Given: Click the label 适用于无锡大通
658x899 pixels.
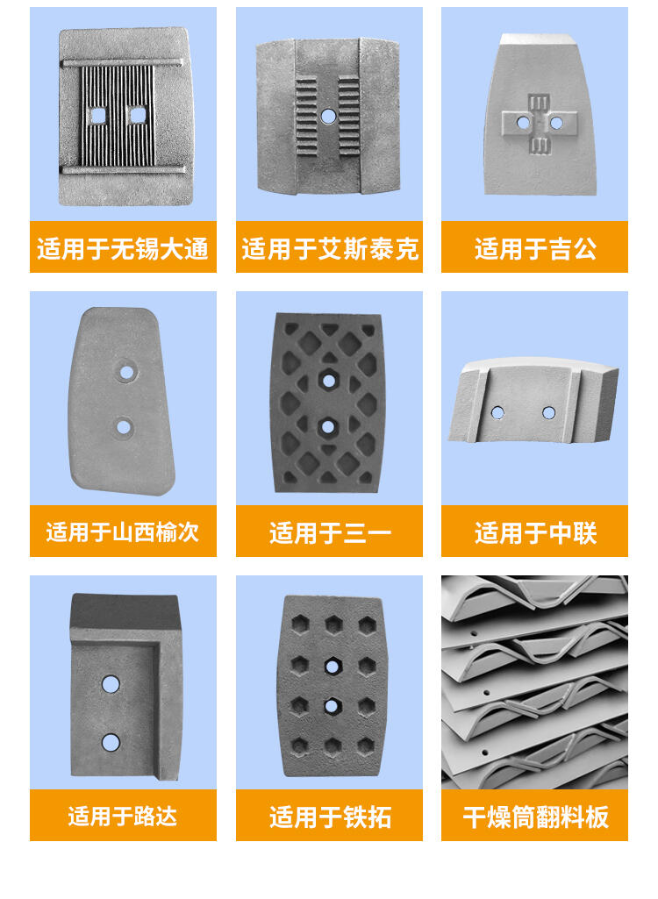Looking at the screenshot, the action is tap(123, 249).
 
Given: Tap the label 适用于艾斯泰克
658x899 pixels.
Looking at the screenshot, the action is tap(329, 249).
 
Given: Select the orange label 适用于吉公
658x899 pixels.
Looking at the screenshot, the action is tap(535, 249).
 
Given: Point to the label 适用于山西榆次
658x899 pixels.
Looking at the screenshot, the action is tap(123, 532).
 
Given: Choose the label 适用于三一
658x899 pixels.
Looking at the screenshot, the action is tap(330, 532).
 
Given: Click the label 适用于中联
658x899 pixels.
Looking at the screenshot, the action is tap(535, 532).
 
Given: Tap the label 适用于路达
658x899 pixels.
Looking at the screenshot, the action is tap(123, 816).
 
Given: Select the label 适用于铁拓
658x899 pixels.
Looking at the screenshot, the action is tap(330, 817).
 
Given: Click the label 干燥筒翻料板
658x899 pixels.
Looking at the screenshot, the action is tap(535, 817).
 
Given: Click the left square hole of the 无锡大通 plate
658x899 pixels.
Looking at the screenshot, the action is tap(98, 116).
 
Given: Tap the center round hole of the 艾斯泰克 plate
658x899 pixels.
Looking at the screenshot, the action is tap(328, 116).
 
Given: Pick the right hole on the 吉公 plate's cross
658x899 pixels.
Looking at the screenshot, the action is tap(556, 123).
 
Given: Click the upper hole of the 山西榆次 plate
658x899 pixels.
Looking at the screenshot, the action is tap(126, 373).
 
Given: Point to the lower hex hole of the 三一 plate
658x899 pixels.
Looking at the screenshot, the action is tap(327, 426).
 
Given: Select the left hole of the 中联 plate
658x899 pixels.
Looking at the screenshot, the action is tap(498, 412).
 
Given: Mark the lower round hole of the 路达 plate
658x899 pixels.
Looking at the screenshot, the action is tap(111, 743).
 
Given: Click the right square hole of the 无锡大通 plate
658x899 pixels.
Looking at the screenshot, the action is tap(138, 115).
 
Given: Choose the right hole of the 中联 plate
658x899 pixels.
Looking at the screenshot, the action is tap(549, 412).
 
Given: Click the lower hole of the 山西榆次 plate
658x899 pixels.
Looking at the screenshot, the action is tap(124, 426).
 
